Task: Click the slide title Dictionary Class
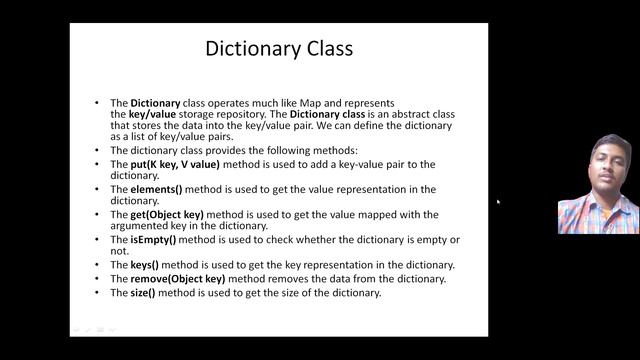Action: coord(279,48)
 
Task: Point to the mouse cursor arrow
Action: coord(497,201)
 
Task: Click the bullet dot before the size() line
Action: coord(97,293)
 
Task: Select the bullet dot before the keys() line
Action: coord(97,265)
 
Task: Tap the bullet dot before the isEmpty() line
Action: coord(97,240)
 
